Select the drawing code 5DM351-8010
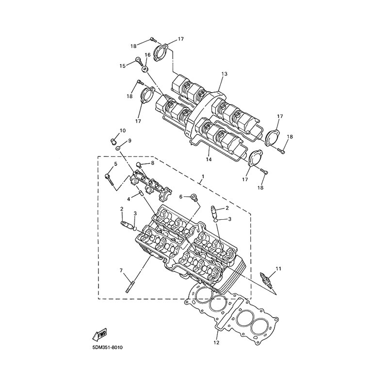pos(107,348)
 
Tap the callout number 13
pos(224,74)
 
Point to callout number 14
pos(209,159)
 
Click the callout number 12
pos(216,342)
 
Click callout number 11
pos(278,269)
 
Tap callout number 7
pos(121,270)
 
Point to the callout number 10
pos(123,130)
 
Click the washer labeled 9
pos(118,148)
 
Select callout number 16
pos(148,55)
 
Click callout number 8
pos(152,163)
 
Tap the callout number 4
pos(129,199)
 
